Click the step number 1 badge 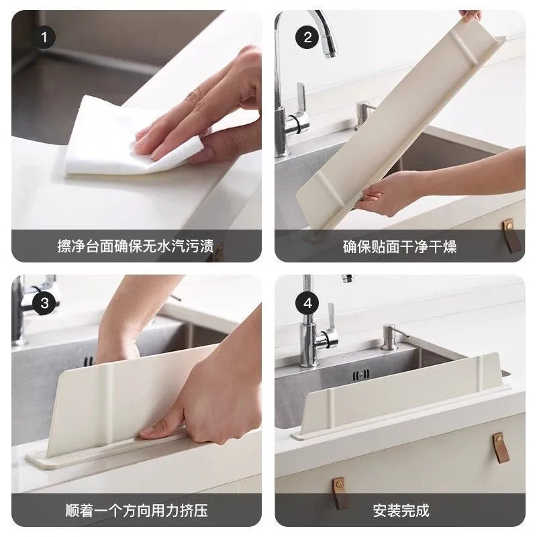tap(45, 38)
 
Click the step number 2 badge tap(308, 38)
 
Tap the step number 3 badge tap(45, 303)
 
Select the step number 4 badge tap(308, 303)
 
